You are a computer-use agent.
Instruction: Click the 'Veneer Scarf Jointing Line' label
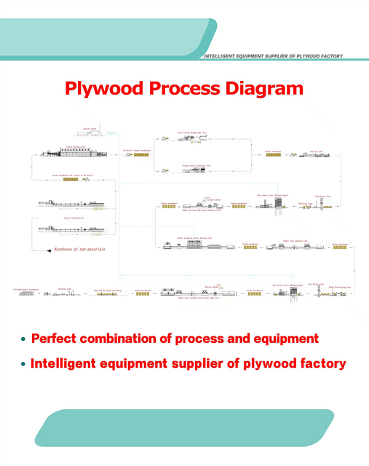(x=195, y=166)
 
